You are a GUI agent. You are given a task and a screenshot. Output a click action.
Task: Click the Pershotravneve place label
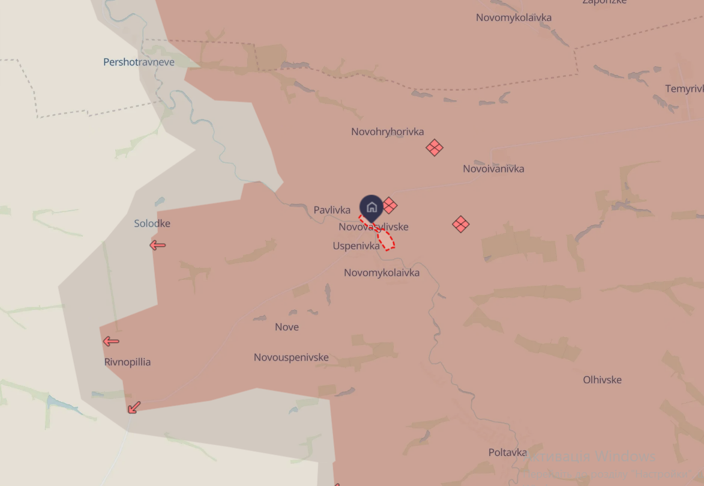pyautogui.click(x=139, y=62)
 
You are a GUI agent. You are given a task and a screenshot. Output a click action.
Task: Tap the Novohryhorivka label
pyautogui.click(x=387, y=132)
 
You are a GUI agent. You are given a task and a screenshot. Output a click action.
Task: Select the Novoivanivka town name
pyautogui.click(x=493, y=169)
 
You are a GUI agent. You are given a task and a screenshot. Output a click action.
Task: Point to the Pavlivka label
pyautogui.click(x=332, y=210)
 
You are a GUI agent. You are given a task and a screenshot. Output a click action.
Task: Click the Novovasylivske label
pyautogui.click(x=373, y=227)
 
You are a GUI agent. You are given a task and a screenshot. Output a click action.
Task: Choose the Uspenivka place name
pyautogui.click(x=356, y=246)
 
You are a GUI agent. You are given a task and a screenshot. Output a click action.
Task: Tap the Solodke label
pyautogui.click(x=152, y=223)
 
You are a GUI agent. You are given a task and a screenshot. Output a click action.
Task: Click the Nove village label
pyautogui.click(x=286, y=327)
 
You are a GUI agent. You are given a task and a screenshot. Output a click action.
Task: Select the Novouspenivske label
pyautogui.click(x=291, y=357)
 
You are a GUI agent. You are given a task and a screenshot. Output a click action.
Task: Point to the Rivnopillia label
pyautogui.click(x=127, y=362)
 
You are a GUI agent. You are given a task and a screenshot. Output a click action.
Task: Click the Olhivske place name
pyautogui.click(x=602, y=380)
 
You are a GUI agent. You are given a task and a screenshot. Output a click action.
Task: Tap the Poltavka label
pyautogui.click(x=508, y=452)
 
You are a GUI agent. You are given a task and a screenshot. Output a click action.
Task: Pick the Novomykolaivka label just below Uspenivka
pyautogui.click(x=382, y=273)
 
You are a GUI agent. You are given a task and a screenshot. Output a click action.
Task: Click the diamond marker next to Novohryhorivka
pyautogui.click(x=435, y=147)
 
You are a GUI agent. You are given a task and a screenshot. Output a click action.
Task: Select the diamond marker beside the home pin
pyautogui.click(x=390, y=205)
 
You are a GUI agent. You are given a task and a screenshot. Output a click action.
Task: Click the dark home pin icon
pyautogui.click(x=372, y=208)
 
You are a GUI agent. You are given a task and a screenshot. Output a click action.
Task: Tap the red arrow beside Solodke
pyautogui.click(x=157, y=245)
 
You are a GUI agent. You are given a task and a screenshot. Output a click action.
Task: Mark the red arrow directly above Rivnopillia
pyautogui.click(x=110, y=341)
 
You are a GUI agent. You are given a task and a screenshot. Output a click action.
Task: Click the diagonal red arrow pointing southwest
pyautogui.click(x=134, y=407)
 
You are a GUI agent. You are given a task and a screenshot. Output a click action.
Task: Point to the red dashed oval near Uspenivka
pyautogui.click(x=385, y=238)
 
